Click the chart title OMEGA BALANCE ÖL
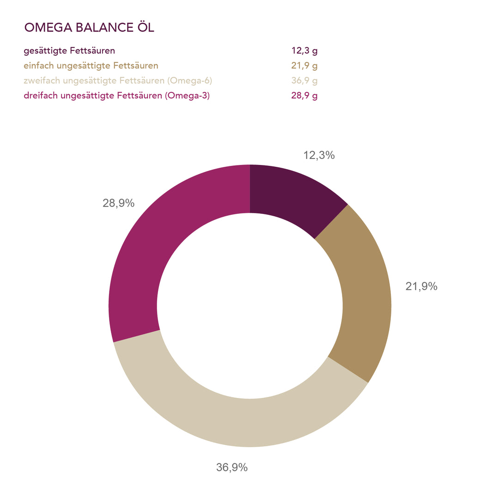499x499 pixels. [89, 28]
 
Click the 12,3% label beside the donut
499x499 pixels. [319, 155]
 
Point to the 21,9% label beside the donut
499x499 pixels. [421, 286]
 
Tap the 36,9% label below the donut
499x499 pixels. [232, 467]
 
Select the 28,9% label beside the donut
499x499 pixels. [118, 203]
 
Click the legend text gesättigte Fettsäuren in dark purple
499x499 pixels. [69, 51]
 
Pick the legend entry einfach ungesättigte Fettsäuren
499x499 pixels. [91, 66]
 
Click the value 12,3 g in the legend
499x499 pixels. [304, 51]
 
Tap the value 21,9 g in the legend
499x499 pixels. [304, 66]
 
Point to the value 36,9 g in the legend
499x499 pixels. [304, 81]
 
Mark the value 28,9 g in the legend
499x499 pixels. [304, 96]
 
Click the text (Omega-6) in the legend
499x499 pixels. [189, 81]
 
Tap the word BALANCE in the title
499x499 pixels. [102, 28]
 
